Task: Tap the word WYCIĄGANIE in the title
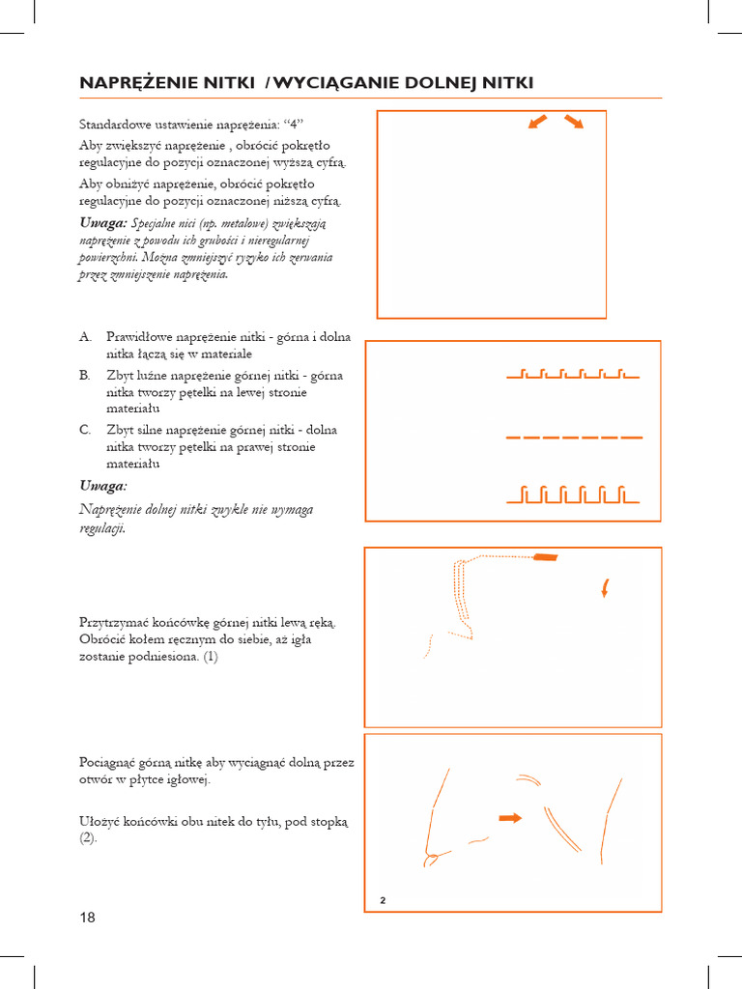(328, 83)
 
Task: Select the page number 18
(87, 918)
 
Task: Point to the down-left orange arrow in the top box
(538, 122)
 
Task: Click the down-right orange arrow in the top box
(574, 122)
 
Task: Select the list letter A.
(85, 337)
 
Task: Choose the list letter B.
(85, 375)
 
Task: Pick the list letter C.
(85, 430)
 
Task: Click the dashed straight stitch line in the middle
(574, 438)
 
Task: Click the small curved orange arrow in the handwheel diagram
(605, 588)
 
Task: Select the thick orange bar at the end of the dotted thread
(545, 557)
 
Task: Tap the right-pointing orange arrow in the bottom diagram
(510, 818)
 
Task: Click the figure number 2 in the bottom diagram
(383, 900)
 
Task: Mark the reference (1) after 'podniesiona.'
(211, 657)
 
